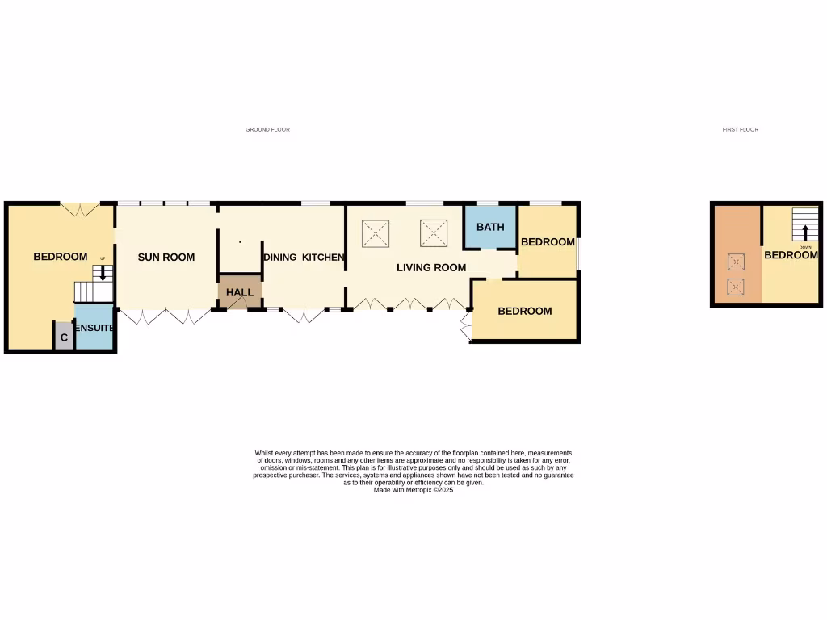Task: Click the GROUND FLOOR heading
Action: click(x=267, y=129)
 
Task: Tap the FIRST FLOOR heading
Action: click(x=740, y=129)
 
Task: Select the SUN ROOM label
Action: click(x=166, y=258)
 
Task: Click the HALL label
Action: click(x=240, y=292)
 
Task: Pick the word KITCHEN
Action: click(x=325, y=258)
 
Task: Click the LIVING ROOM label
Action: click(x=431, y=267)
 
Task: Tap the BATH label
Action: click(x=490, y=227)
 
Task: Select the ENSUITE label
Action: click(x=94, y=329)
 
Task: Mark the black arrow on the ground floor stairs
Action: click(x=102, y=273)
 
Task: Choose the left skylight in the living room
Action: click(x=376, y=234)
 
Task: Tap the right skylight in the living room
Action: click(x=434, y=233)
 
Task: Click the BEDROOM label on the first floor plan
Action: click(x=791, y=255)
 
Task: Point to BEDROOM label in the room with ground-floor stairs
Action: click(x=60, y=257)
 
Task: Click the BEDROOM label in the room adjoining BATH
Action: click(x=548, y=241)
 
